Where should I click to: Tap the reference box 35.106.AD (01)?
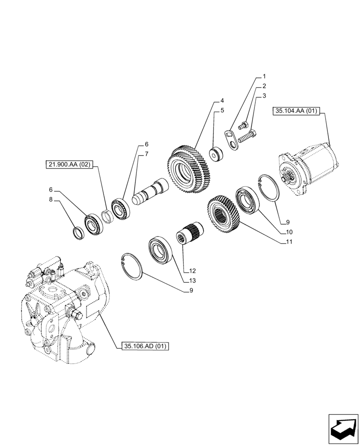coord(144,346)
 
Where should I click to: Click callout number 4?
coord(221,101)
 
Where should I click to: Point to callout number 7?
coord(146,154)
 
